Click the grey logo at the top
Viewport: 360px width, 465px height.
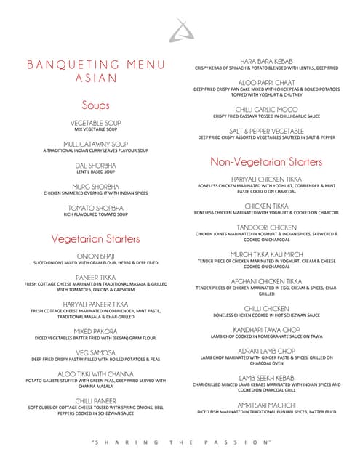(x=177, y=30)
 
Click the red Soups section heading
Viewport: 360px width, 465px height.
(x=96, y=105)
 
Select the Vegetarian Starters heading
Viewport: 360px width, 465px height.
(x=96, y=238)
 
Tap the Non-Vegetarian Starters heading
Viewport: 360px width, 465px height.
(x=266, y=161)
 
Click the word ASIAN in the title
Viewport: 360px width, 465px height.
(x=96, y=79)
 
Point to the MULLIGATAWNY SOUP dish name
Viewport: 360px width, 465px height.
(x=96, y=144)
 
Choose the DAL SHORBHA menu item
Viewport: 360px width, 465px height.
(x=96, y=165)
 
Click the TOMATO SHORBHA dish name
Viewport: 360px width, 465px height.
(x=96, y=208)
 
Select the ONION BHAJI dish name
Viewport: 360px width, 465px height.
(x=96, y=256)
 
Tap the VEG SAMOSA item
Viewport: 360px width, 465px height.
(x=96, y=352)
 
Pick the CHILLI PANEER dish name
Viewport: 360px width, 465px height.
(x=96, y=400)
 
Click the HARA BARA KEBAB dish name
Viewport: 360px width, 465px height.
(x=266, y=61)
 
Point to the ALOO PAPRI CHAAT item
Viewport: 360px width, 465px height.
(x=266, y=82)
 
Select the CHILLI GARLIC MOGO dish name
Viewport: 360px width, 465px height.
(x=266, y=109)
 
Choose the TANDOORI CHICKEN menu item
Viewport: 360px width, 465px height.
(x=266, y=227)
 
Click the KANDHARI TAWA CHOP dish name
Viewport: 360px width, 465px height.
(x=266, y=329)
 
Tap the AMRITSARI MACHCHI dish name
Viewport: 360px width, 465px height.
(x=266, y=405)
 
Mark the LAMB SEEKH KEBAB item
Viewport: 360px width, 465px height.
(x=266, y=378)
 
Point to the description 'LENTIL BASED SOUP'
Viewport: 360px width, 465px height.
(x=96, y=172)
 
